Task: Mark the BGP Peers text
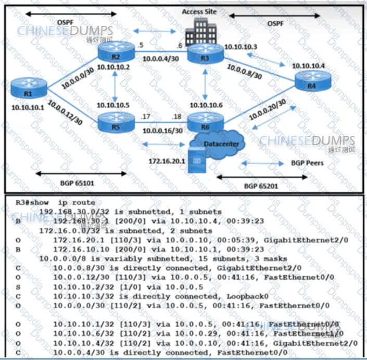click(x=307, y=163)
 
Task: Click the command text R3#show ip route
click(x=55, y=203)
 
